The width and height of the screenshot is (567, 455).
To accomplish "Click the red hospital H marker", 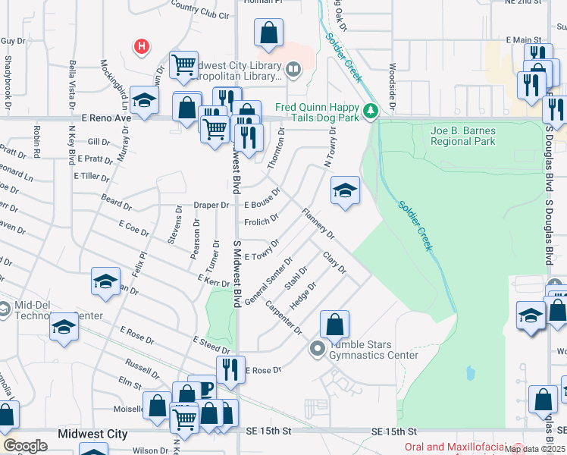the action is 140,47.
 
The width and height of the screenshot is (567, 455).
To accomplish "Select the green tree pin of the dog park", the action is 371,112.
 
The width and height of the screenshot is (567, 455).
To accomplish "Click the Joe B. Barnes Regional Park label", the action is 462,135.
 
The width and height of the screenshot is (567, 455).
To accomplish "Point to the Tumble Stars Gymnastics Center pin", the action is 318,349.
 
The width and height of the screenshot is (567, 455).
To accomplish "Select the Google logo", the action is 25,446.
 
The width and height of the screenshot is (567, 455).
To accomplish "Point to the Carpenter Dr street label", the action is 283,319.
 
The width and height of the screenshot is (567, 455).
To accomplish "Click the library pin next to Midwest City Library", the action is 293,72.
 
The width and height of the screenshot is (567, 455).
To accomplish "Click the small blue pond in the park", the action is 471,373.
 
